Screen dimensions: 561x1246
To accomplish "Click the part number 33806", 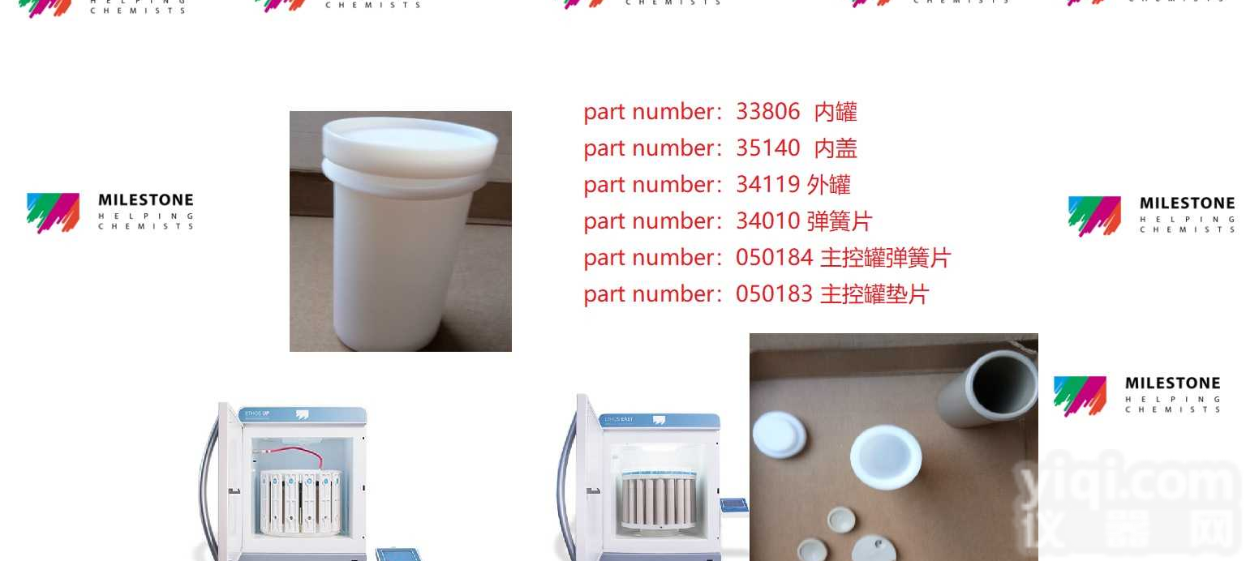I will tap(767, 112).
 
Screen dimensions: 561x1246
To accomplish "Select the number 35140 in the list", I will tap(767, 148).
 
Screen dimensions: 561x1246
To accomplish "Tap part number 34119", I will tap(767, 185).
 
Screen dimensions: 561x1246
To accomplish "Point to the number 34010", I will tap(767, 221).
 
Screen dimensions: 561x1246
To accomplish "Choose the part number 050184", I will tap(774, 258).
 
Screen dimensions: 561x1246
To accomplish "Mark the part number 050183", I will tap(774, 294).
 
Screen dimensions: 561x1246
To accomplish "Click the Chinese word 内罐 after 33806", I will tap(836, 112).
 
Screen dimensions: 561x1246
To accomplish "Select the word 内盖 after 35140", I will tap(836, 148).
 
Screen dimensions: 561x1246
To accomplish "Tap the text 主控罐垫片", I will tap(874, 294).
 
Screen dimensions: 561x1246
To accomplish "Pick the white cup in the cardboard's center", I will tap(886, 456).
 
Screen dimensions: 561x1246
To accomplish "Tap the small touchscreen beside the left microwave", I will tap(397, 555).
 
